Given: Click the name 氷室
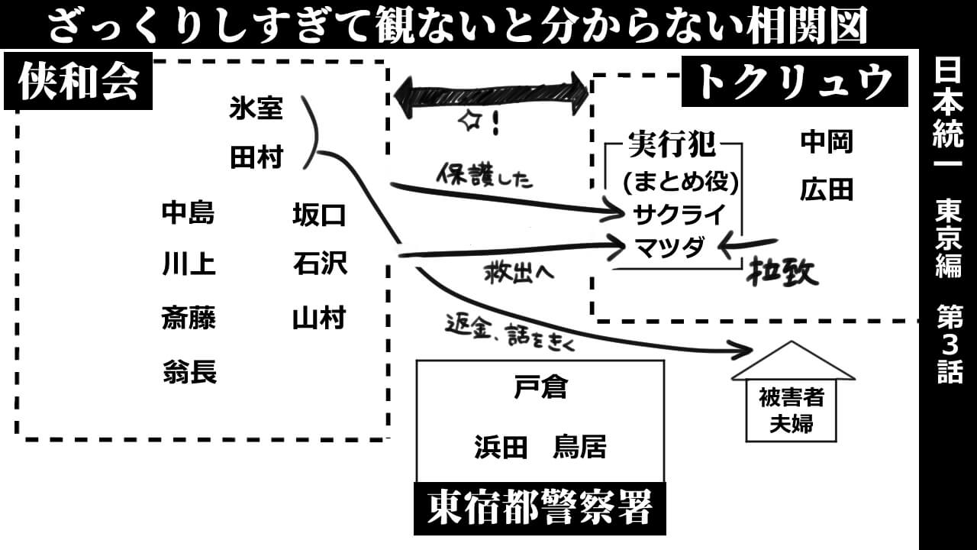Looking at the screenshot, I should coord(256,110).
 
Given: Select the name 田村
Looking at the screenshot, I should coord(256,158).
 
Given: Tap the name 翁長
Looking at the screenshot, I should coord(189,372).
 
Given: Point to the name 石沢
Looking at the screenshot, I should coord(320,264).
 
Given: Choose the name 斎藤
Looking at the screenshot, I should coord(189,317).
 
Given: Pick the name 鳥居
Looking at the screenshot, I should coord(579,448).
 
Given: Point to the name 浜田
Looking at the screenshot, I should coord(501,448).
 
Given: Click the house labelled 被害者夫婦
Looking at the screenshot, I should coord(792,397).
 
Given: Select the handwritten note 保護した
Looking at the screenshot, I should coord(485,176).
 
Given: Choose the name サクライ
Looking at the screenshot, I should coord(679,215).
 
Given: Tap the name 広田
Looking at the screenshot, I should coord(827,189).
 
